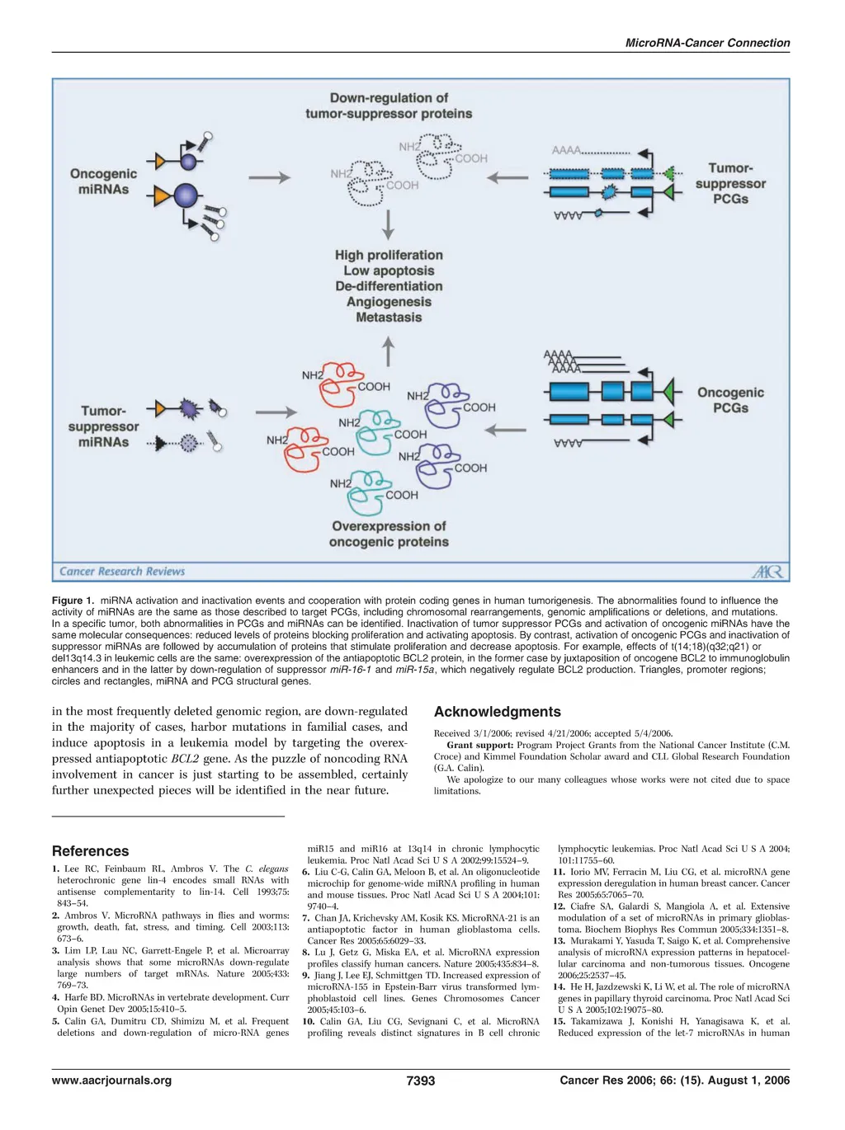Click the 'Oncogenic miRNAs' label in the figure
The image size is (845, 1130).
point(103,181)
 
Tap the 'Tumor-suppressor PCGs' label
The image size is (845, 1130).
point(730,183)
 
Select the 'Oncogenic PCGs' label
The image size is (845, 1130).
point(730,400)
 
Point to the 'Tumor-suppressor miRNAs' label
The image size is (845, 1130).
point(103,426)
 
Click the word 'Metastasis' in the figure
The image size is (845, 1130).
point(389,318)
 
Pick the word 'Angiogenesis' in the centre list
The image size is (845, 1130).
point(389,302)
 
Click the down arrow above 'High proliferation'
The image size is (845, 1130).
point(389,224)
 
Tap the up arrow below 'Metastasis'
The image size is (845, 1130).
point(389,352)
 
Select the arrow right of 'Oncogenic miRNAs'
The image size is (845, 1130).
point(269,177)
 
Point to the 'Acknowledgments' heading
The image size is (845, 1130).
point(497,712)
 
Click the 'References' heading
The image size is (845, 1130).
point(90,851)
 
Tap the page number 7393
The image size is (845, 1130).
point(421,1081)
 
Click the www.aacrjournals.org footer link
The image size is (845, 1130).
point(111,1081)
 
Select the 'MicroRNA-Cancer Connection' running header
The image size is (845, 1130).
point(707,43)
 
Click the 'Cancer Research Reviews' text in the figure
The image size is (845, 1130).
point(122,571)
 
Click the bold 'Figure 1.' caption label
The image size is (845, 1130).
point(73,600)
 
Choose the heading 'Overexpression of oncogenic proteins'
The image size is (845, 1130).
point(389,534)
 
